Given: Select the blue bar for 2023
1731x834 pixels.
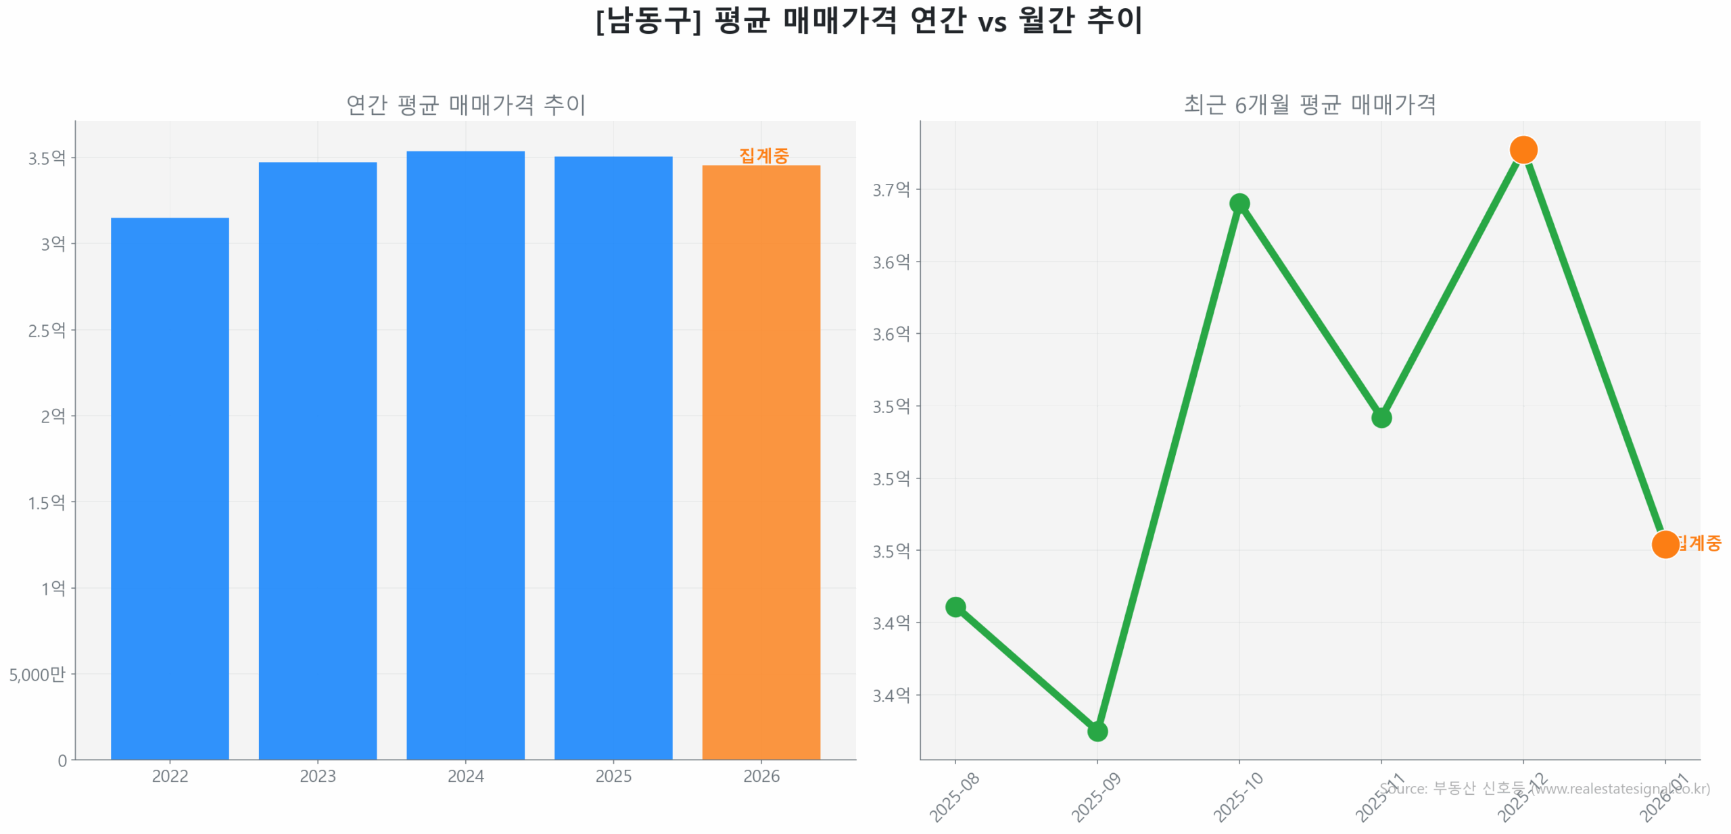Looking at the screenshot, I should click(317, 460).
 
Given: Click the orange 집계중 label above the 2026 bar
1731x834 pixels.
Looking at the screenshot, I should click(763, 155).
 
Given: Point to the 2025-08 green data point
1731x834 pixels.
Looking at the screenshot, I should click(955, 606).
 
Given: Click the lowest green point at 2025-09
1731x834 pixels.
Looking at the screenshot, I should click(1097, 731).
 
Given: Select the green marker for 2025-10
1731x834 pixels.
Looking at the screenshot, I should click(1239, 203).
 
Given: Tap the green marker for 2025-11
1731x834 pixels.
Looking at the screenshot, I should click(1381, 418).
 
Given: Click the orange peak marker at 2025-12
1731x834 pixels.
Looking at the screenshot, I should click(1523, 149).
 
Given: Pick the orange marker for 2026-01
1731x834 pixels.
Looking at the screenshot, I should click(1665, 543).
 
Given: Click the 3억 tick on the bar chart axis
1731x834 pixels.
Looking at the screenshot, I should click(53, 243).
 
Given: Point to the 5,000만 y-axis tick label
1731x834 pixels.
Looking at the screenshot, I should click(37, 674).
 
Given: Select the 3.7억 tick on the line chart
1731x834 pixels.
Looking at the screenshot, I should click(891, 189).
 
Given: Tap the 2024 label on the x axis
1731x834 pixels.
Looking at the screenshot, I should click(465, 775).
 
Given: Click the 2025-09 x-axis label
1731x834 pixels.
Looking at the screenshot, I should click(1095, 797).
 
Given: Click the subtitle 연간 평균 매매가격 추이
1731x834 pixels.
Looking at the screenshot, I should click(465, 105).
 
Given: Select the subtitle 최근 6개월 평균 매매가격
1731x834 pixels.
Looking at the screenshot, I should click(1309, 105).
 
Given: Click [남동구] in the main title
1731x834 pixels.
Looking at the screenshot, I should click(648, 20).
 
